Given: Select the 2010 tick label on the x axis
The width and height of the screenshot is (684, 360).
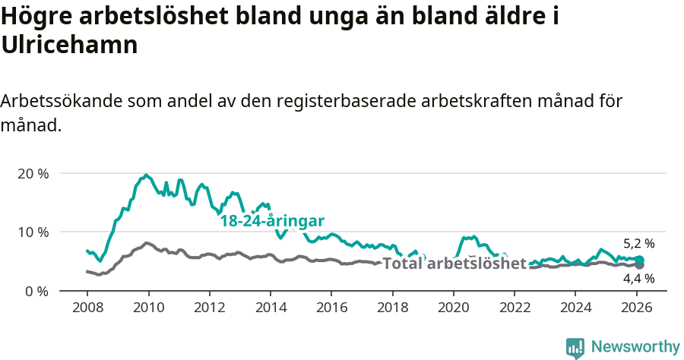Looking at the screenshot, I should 148,308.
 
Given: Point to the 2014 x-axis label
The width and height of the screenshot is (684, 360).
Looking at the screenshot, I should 270,308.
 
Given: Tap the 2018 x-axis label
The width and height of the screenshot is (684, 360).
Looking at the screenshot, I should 392,308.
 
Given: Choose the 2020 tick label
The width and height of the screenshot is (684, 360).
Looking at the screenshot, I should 453,308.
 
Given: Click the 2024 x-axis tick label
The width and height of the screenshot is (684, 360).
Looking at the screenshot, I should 575,308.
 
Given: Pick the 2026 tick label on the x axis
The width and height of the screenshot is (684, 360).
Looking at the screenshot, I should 636,308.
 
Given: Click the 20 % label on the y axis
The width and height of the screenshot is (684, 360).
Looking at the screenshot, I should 33,173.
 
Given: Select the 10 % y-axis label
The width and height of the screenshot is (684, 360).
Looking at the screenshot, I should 33,232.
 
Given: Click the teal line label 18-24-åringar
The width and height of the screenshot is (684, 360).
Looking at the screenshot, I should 272,221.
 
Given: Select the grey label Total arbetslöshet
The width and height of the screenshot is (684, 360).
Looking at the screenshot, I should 454,264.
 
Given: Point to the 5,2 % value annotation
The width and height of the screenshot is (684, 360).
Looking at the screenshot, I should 638,244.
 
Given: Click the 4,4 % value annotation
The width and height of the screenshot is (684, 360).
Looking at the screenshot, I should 638,278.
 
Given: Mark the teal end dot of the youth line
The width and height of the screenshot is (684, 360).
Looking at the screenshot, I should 640,260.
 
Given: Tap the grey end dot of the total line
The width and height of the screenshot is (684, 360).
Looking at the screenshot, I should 640,265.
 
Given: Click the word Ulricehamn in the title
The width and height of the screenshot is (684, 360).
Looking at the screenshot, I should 69,45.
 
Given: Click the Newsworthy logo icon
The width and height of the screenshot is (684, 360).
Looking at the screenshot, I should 575,347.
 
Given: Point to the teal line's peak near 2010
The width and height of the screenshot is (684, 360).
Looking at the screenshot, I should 146,175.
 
